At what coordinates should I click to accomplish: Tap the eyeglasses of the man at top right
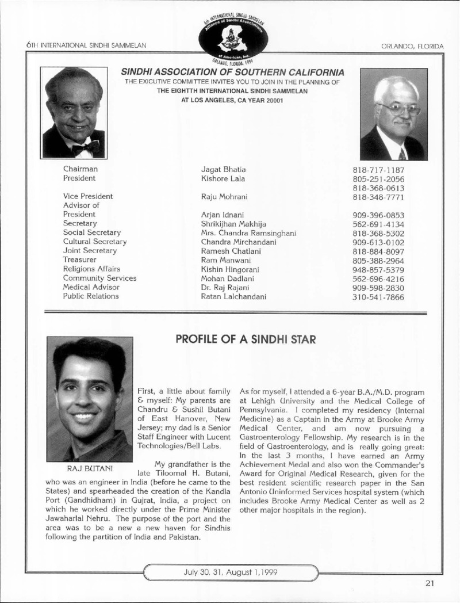[396, 108]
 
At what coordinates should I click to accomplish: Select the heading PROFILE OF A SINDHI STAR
[246, 339]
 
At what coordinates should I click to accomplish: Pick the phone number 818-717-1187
[378, 170]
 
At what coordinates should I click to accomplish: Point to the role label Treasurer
[83, 260]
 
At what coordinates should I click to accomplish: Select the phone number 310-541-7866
[378, 297]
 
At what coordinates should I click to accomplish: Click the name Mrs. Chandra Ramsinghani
[248, 232]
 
